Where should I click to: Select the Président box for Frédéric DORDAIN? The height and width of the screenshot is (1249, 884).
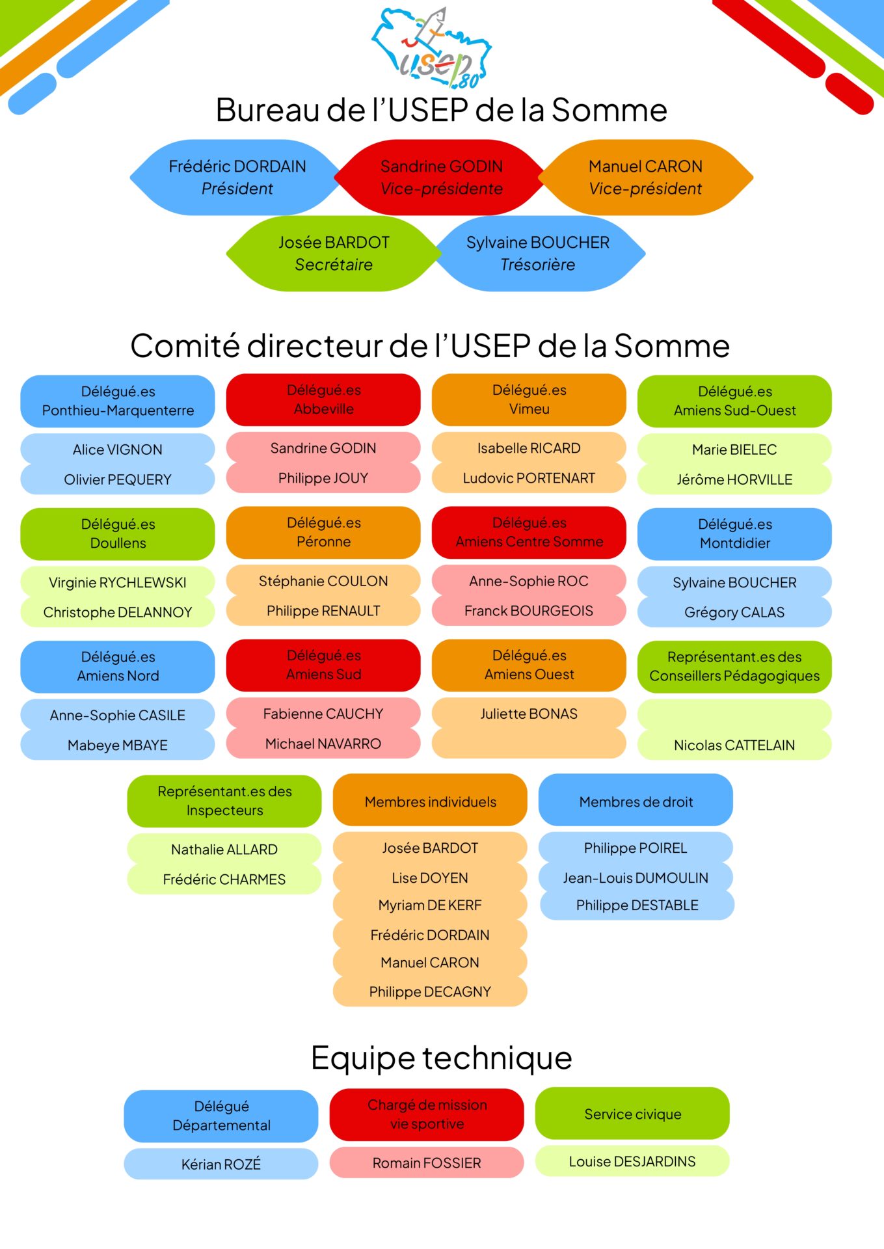point(237,178)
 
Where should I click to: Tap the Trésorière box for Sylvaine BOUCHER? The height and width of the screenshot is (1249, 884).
point(538,254)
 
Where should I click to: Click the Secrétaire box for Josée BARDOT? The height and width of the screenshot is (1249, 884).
point(334,254)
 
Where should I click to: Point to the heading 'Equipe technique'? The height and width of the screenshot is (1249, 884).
point(441,1057)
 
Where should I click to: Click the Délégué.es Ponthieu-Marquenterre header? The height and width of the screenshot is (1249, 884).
point(118,401)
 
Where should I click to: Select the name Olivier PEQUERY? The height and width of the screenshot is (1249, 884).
point(118,479)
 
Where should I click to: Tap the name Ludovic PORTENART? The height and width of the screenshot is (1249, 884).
point(529,478)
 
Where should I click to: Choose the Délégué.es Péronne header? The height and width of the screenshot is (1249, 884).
point(323,532)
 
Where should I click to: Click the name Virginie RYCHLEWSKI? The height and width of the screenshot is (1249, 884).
point(118,582)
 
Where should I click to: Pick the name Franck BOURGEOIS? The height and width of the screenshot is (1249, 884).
point(529,611)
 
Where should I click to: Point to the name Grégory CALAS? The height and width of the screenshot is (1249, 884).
point(734,612)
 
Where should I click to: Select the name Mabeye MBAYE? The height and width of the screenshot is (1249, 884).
point(118,745)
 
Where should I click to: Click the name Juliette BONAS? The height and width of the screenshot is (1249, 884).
point(529,714)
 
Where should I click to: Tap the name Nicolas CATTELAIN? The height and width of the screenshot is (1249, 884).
point(734,745)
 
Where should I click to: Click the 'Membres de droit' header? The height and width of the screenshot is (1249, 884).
point(636,801)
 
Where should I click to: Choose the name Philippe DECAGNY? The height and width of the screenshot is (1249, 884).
point(430,991)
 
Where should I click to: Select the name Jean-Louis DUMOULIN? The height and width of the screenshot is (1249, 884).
point(636,878)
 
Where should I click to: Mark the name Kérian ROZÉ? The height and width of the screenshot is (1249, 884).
point(221,1164)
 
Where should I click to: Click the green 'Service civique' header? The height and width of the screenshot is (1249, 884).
point(632,1114)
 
